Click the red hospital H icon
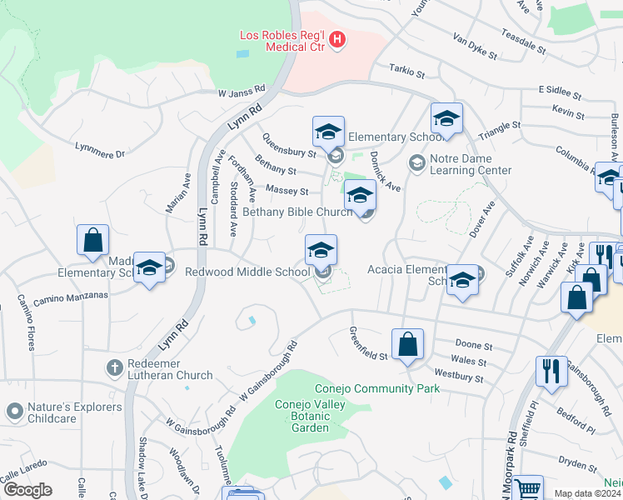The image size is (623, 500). pyautogui.click(x=336, y=38)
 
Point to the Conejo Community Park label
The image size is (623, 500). pyautogui.click(x=365, y=388)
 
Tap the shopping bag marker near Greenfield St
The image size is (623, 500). pyautogui.click(x=407, y=344)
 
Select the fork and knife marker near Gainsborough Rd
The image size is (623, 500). pyautogui.click(x=550, y=370)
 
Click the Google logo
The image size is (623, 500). pyautogui.click(x=27, y=490)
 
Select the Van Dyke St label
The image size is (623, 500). pyautogui.click(x=475, y=47)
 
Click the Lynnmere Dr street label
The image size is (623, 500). pyautogui.click(x=99, y=152)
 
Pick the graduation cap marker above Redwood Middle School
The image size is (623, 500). pyautogui.click(x=321, y=249)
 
